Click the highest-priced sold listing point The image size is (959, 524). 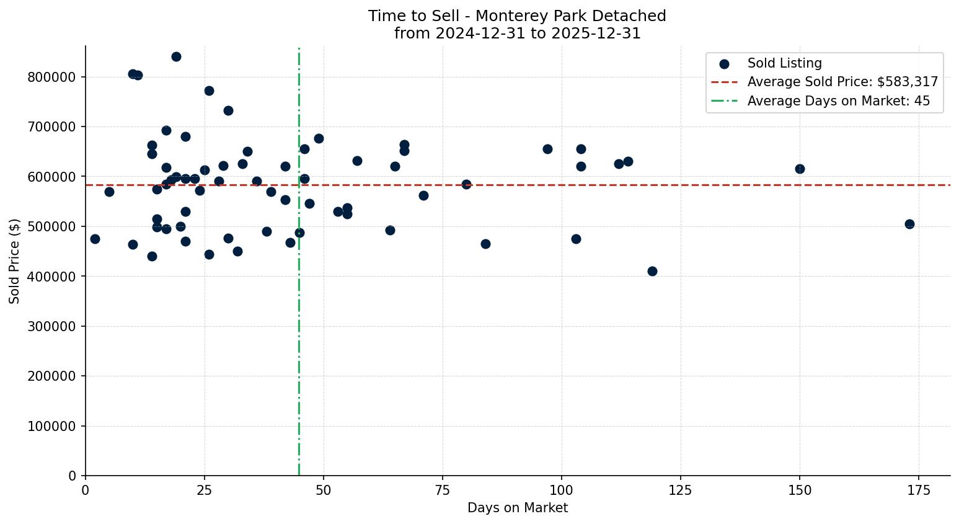coord(176,56)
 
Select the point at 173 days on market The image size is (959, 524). coord(909,224)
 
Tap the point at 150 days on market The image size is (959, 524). coord(800,169)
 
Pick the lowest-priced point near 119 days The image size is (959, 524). coord(652,271)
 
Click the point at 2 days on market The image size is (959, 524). coord(95,239)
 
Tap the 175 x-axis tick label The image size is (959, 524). coord(919,491)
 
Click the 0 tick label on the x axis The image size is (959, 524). coord(86,491)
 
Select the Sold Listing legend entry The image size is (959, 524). coord(784,63)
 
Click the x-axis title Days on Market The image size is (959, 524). coord(518,508)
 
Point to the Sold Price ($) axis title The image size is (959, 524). coord(14,261)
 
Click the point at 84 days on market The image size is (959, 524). coord(485,244)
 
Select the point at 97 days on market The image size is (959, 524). coord(547,149)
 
